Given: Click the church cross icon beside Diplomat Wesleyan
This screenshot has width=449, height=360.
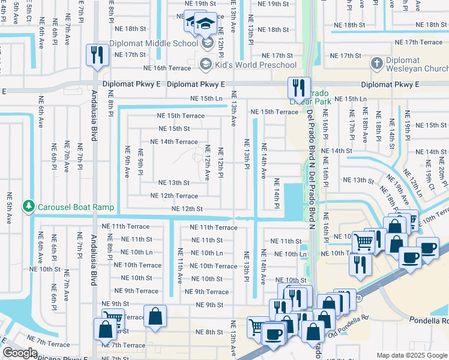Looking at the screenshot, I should point(376,63).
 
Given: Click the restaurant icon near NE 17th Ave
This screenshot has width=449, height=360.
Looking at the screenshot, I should point(95,55).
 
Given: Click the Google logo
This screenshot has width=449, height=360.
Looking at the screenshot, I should point(20,352).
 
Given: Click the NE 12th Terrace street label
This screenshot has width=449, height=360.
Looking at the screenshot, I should point(173,196).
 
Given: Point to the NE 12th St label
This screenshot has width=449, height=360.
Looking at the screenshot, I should point(187,209).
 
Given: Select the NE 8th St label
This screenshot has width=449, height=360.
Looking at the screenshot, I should point(209,332).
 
